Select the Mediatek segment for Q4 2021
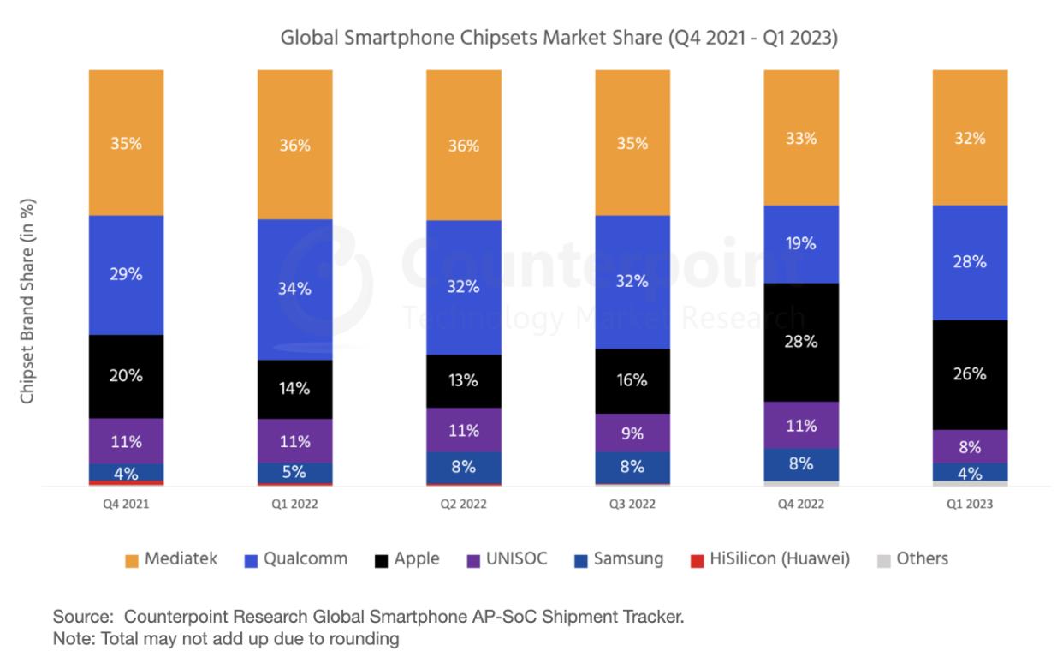(126, 142)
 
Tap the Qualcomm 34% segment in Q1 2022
(294, 289)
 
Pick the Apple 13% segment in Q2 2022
(463, 380)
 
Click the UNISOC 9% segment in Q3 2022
(632, 433)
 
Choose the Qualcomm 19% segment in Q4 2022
(801, 244)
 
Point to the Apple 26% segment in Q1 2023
(970, 374)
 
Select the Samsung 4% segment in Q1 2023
(970, 472)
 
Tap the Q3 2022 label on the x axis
(632, 505)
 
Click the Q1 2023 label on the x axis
(970, 505)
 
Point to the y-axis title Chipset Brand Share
(27, 302)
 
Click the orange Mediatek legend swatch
(131, 560)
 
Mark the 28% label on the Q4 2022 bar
(801, 342)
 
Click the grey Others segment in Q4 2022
(801, 484)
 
